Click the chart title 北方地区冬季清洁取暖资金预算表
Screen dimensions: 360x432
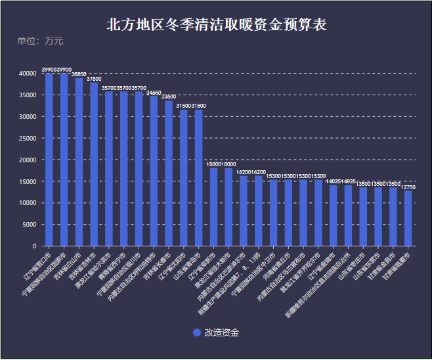pyautogui.click(x=217, y=25)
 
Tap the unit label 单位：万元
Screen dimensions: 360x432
pyautogui.click(x=40, y=41)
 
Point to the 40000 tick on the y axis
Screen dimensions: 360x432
pyautogui.click(x=27, y=74)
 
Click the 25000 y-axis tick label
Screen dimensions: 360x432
pyautogui.click(x=27, y=139)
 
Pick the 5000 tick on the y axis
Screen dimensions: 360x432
pyautogui.click(x=29, y=225)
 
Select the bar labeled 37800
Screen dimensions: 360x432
pyautogui.click(x=94, y=164)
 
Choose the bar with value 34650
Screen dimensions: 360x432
pyautogui.click(x=154, y=171)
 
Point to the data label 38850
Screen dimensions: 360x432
pyautogui.click(x=79, y=75)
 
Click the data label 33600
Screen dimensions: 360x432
pyautogui.click(x=169, y=97)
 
